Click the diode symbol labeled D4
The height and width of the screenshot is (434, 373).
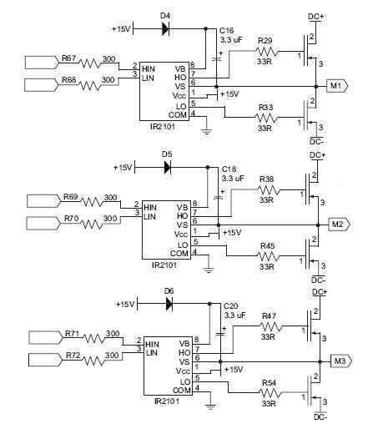[165, 28]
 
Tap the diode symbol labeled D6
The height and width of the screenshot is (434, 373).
[169, 304]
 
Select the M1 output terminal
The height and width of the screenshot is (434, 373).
[337, 86]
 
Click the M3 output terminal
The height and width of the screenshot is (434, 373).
[341, 361]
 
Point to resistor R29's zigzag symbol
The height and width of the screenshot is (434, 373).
[266, 52]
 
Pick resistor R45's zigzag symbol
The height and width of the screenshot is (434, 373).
[268, 255]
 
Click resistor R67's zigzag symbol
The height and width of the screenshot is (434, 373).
[90, 63]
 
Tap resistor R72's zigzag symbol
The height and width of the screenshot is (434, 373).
[93, 361]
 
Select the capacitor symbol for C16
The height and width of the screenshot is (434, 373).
[217, 59]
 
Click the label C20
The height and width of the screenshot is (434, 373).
[230, 306]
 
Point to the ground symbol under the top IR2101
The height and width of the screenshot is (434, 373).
[206, 132]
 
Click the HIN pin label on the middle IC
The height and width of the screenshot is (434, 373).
[150, 208]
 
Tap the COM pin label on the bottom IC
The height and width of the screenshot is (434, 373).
[182, 391]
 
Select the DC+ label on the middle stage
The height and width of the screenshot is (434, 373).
[317, 155]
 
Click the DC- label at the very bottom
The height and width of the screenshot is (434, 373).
[320, 417]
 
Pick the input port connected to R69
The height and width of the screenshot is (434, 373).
[43, 201]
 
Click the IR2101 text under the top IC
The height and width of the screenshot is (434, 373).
[163, 127]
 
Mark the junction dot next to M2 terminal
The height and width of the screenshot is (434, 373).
[318, 225]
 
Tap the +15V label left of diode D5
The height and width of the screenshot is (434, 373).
[123, 168]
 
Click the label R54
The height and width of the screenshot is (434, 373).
[269, 383]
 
